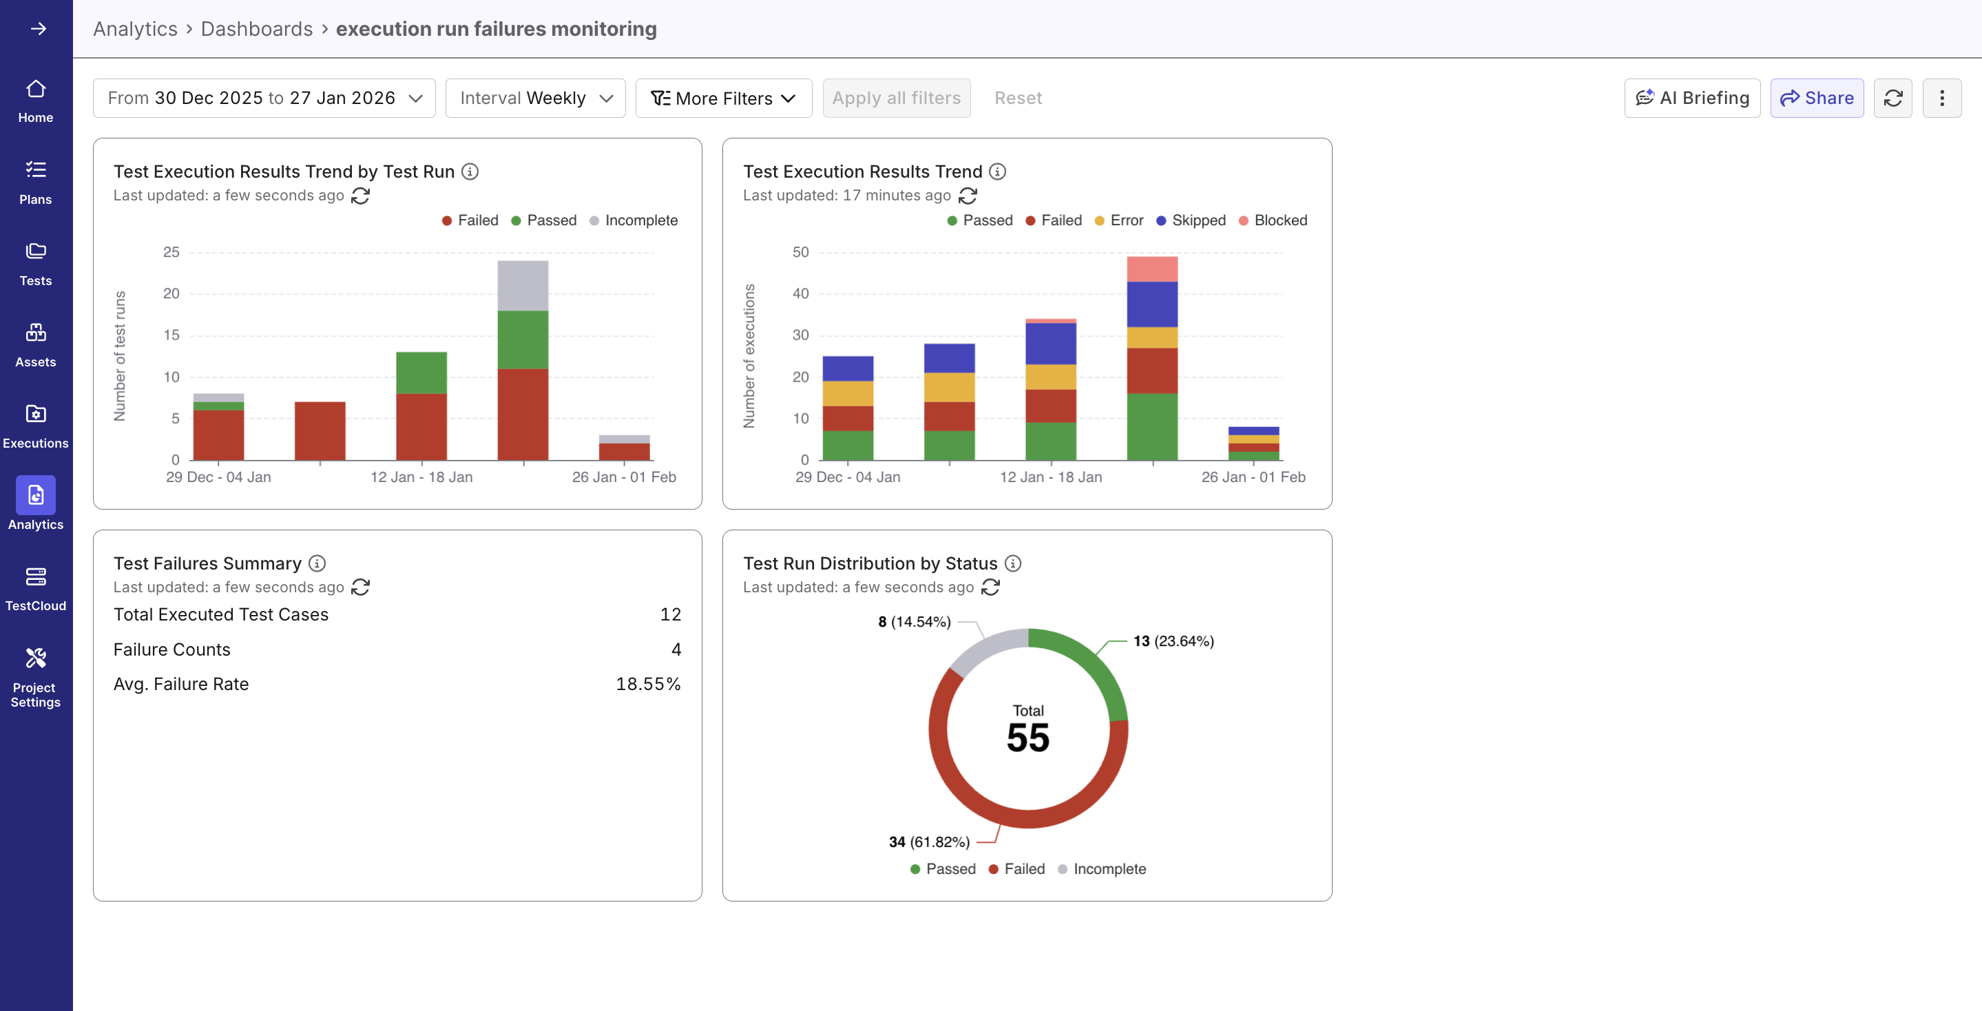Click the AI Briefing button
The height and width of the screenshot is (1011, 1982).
pos(1691,98)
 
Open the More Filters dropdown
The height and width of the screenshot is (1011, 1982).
pos(723,98)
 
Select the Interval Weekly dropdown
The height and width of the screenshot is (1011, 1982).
pos(536,98)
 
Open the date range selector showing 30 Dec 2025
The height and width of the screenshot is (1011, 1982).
pos(264,98)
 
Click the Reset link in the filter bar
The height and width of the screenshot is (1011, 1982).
pos(1017,98)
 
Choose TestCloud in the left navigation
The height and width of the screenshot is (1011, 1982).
pos(35,589)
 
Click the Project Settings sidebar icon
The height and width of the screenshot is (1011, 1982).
pos(35,677)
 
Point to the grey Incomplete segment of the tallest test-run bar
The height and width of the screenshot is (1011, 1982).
pos(523,284)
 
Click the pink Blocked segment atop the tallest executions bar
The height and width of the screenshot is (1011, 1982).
pos(1152,269)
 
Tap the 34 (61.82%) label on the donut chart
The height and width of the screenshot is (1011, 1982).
pos(929,842)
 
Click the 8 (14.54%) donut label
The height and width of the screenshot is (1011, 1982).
pos(914,622)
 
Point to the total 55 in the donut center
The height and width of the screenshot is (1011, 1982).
pos(1028,737)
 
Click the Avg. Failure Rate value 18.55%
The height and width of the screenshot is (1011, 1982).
pos(648,684)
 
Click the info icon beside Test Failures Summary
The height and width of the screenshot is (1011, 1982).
pos(317,563)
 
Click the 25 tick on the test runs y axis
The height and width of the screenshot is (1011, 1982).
pos(171,252)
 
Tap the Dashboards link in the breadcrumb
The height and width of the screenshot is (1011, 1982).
pos(256,28)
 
